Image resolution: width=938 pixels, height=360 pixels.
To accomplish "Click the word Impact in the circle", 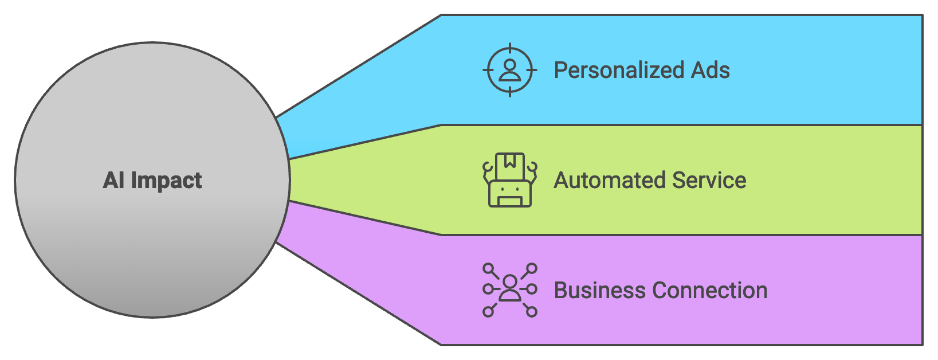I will pos(166,181).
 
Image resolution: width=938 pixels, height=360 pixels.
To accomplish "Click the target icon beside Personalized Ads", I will pos(509,70).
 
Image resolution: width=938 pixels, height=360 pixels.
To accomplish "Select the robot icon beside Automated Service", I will pos(509,180).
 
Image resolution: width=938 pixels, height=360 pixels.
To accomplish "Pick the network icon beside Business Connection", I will pos(509,290).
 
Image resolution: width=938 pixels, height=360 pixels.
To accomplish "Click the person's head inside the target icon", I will pos(509,65).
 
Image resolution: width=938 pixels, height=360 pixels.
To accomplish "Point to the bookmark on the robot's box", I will pos(510,162).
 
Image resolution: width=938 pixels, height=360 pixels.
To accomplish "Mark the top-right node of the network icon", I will pos(532,268).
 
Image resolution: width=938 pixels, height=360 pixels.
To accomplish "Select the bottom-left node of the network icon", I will pos(488,312).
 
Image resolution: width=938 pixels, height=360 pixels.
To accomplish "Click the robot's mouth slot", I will pos(509,201).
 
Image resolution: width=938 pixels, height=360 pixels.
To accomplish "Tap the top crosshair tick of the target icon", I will pos(509,48).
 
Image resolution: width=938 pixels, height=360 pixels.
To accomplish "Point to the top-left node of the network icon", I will pos(488,268).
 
